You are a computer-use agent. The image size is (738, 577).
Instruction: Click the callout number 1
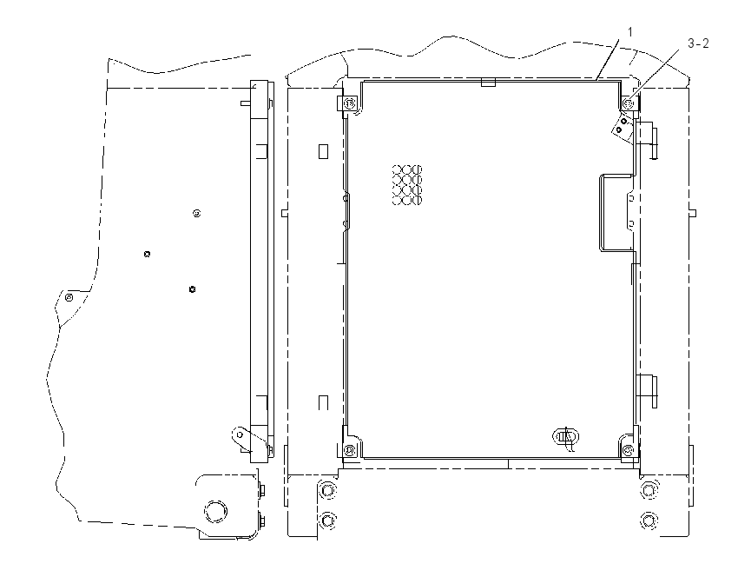(630, 32)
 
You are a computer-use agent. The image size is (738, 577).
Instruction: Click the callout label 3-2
(698, 43)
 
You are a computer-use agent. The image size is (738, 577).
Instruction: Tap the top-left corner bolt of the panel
(350, 103)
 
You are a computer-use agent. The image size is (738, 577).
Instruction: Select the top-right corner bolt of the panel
(629, 103)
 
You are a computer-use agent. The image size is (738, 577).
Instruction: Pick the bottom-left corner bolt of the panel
(349, 450)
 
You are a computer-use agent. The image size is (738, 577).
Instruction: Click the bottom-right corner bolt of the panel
(628, 451)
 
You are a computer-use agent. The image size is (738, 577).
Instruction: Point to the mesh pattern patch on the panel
(407, 184)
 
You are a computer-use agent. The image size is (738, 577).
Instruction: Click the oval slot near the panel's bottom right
(565, 436)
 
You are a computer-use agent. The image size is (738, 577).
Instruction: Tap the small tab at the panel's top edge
(489, 83)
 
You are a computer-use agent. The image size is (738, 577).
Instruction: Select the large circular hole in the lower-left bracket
(215, 510)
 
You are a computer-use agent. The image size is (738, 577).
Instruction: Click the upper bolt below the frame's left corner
(327, 490)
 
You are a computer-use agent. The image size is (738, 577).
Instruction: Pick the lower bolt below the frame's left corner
(327, 521)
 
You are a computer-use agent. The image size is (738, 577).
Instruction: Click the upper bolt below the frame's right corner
(649, 491)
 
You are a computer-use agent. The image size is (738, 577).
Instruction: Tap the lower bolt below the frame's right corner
(649, 521)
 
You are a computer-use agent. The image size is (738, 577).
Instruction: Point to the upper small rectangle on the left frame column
(323, 151)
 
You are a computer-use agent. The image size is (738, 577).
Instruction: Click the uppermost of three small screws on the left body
(197, 214)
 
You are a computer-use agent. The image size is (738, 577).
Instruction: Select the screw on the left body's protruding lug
(69, 298)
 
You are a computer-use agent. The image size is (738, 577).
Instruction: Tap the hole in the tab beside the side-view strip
(240, 434)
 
